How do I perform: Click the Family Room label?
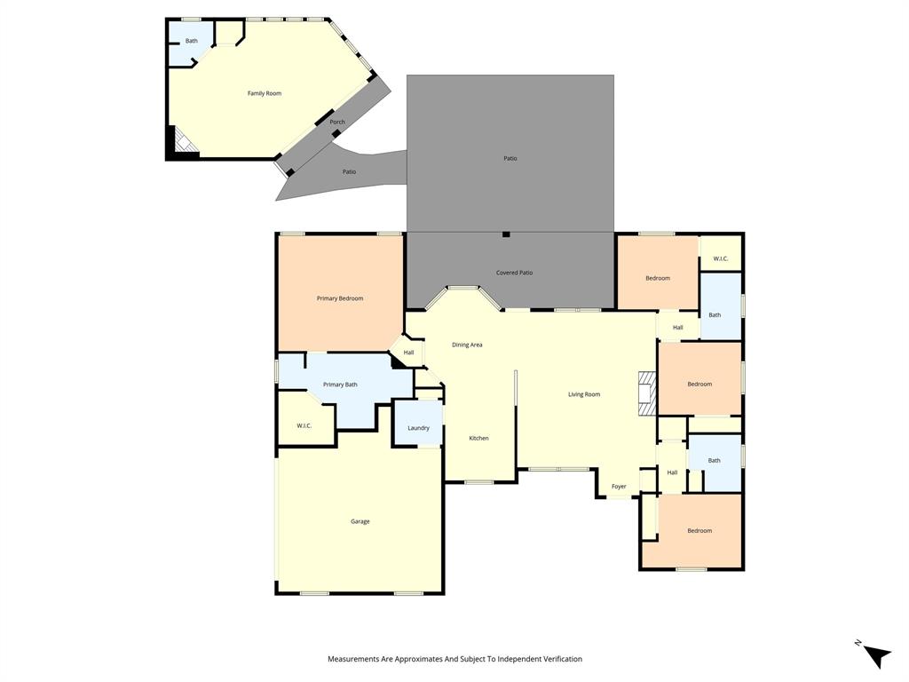pyautogui.click(x=265, y=93)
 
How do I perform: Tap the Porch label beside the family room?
pyautogui.click(x=337, y=123)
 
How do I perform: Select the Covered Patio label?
pyautogui.click(x=514, y=273)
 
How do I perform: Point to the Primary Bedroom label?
pyautogui.click(x=340, y=298)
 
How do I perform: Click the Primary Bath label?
pyautogui.click(x=340, y=385)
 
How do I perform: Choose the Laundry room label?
pyautogui.click(x=418, y=428)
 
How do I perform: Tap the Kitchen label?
pyautogui.click(x=478, y=439)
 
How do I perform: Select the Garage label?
pyautogui.click(x=360, y=521)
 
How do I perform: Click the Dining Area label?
pyautogui.click(x=467, y=345)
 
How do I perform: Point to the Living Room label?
pyautogui.click(x=584, y=394)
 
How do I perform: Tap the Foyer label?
pyautogui.click(x=619, y=487)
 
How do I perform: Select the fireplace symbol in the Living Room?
pyautogui.click(x=645, y=393)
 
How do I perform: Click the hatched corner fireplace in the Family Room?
pyautogui.click(x=185, y=140)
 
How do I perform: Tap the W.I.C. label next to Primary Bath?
pyautogui.click(x=304, y=426)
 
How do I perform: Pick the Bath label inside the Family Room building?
pyautogui.click(x=192, y=41)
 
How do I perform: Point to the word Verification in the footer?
pyautogui.click(x=559, y=659)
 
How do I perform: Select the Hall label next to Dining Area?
pyautogui.click(x=408, y=353)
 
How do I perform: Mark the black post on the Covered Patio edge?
pyautogui.click(x=506, y=234)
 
